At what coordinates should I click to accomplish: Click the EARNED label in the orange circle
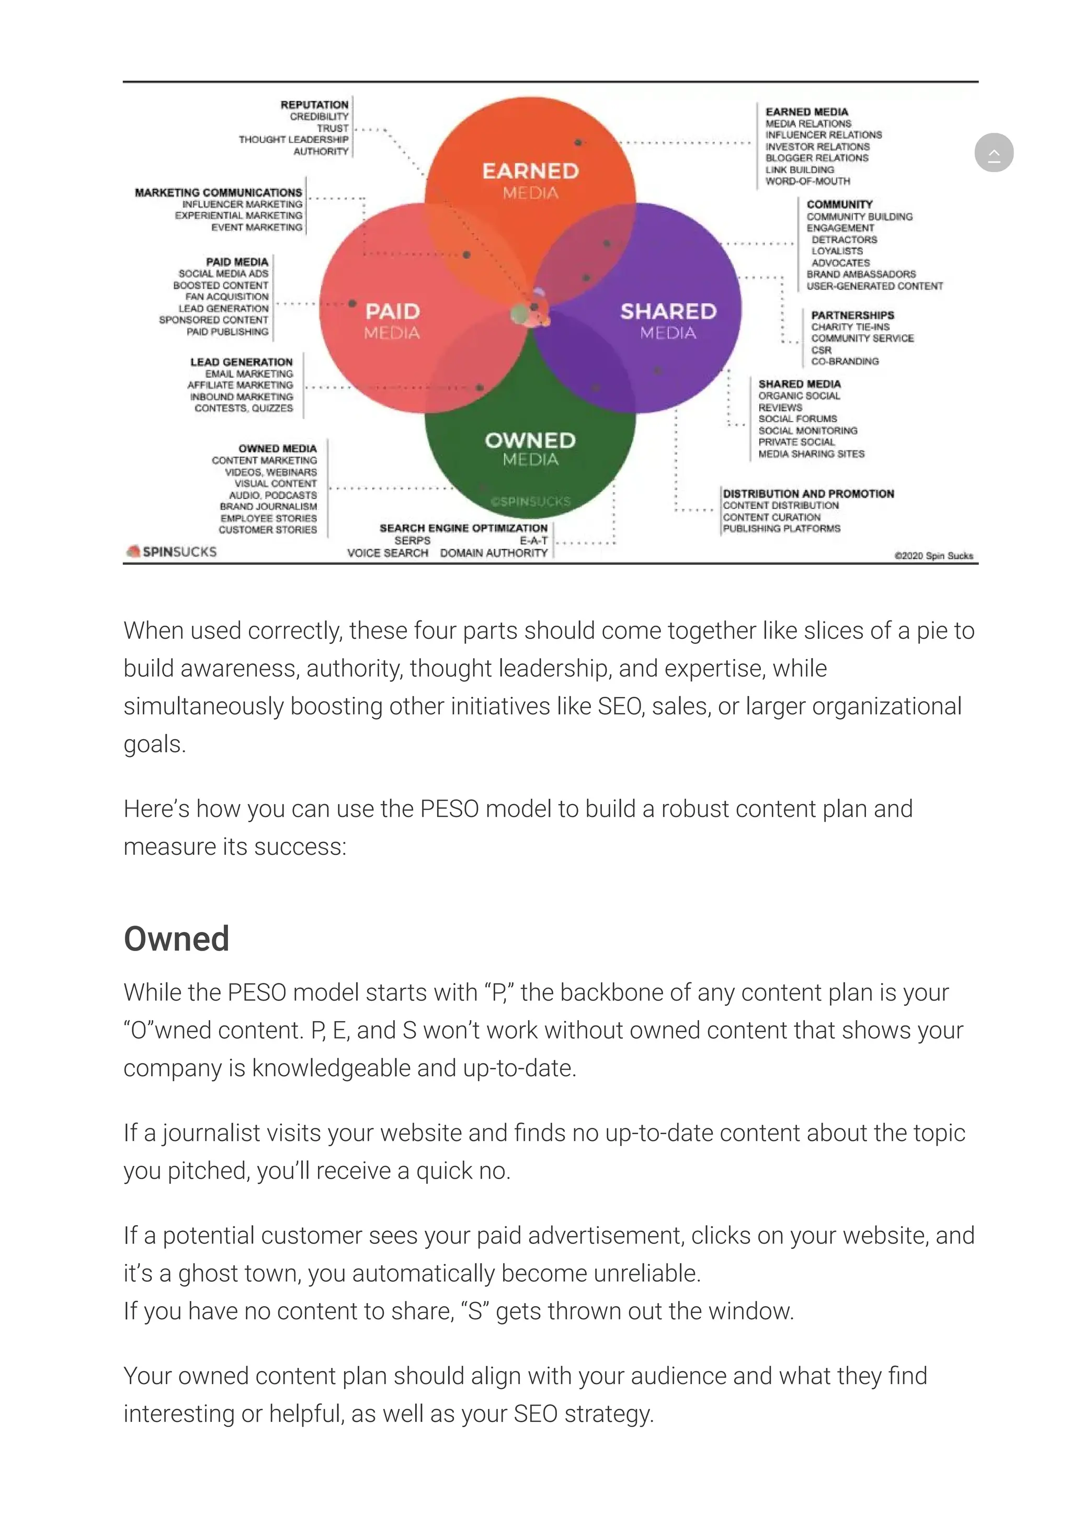(x=531, y=171)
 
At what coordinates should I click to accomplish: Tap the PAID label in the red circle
(x=393, y=311)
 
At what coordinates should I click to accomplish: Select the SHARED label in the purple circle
(x=668, y=311)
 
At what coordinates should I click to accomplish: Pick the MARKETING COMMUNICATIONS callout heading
(x=219, y=192)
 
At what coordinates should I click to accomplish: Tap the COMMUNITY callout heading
(x=839, y=205)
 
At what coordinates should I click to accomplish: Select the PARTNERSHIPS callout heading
(x=852, y=315)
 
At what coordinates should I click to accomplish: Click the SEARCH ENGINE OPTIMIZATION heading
(x=463, y=528)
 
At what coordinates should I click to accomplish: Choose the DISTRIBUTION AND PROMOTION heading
(x=808, y=493)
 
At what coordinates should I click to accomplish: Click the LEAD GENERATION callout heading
(x=241, y=362)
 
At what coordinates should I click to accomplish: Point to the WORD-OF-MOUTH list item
(x=808, y=181)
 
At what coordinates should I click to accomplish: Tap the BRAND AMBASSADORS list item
(x=861, y=274)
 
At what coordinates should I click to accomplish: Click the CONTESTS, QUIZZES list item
(x=244, y=408)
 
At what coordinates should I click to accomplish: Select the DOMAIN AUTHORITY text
(x=494, y=552)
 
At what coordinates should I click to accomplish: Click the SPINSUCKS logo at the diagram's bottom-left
(x=172, y=551)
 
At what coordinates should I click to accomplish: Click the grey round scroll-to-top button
(x=993, y=153)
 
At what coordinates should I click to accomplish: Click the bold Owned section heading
(x=176, y=938)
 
